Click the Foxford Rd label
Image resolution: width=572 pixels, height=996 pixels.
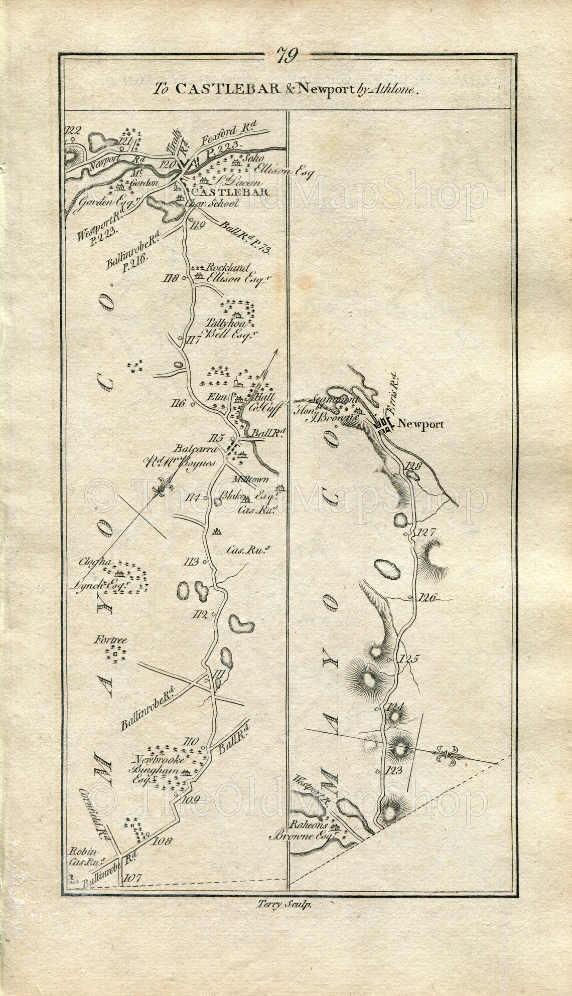pyautogui.click(x=225, y=141)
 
